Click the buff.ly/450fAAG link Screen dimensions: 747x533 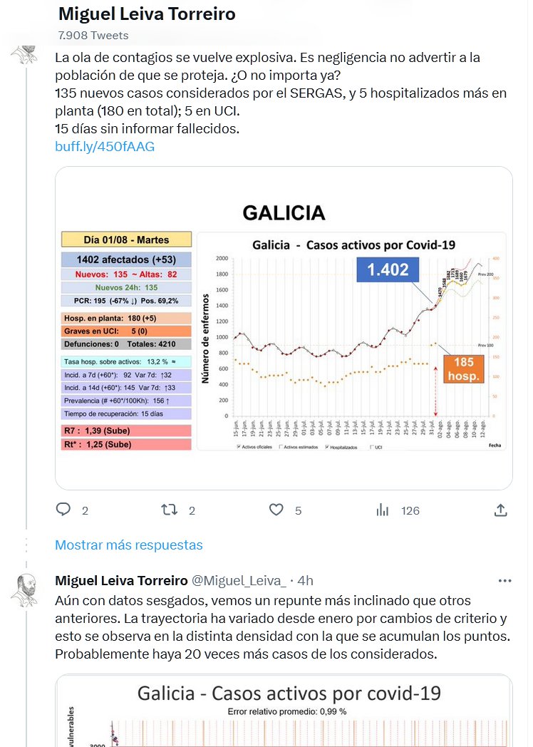point(105,147)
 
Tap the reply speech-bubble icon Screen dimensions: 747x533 point(63,510)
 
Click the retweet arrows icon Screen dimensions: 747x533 point(169,510)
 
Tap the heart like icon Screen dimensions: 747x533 point(276,510)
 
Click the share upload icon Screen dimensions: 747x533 point(501,510)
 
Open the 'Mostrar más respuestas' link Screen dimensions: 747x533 point(129,545)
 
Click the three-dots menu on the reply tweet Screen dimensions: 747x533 point(505,580)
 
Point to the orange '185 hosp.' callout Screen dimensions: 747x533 point(464,369)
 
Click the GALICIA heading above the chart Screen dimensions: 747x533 point(284,212)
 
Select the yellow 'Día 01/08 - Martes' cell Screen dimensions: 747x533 point(126,239)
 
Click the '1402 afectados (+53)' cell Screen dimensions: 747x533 point(126,259)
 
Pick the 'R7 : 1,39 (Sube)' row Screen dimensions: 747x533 point(126,431)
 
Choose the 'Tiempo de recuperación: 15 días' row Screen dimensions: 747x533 point(126,413)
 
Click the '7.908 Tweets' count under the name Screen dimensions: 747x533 point(93,35)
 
